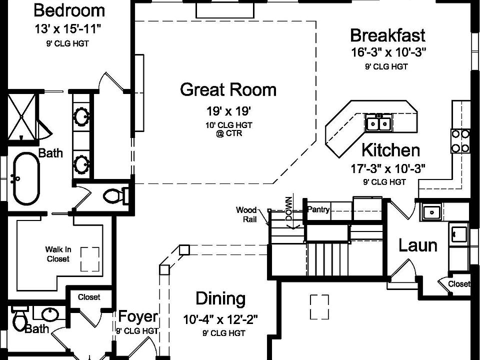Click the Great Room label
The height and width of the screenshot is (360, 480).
point(228,89)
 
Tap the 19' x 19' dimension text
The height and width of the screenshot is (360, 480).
point(228,111)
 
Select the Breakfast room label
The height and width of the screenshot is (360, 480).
point(387,35)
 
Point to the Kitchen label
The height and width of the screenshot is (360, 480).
point(390,150)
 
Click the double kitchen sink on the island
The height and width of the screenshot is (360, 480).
point(379,123)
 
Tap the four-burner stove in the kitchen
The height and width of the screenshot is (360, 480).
point(460,141)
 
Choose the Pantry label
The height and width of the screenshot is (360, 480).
point(318,209)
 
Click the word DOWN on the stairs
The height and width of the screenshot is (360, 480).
point(289,209)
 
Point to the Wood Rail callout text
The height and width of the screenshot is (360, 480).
point(246,214)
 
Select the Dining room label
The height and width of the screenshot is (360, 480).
point(220,298)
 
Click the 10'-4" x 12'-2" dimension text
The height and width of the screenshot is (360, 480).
point(220,320)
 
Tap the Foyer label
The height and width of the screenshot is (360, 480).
point(138,316)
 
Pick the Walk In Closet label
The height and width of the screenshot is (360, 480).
point(58,254)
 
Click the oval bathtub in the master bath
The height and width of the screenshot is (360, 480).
point(26,178)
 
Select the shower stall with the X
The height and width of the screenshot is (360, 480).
point(21,116)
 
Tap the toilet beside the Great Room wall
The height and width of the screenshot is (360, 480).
point(115,196)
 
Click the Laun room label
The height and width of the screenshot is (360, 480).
point(418,245)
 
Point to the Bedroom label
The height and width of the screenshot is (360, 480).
point(69,10)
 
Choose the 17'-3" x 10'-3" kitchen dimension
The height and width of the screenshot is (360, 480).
point(388,168)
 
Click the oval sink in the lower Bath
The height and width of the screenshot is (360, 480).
point(50,314)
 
